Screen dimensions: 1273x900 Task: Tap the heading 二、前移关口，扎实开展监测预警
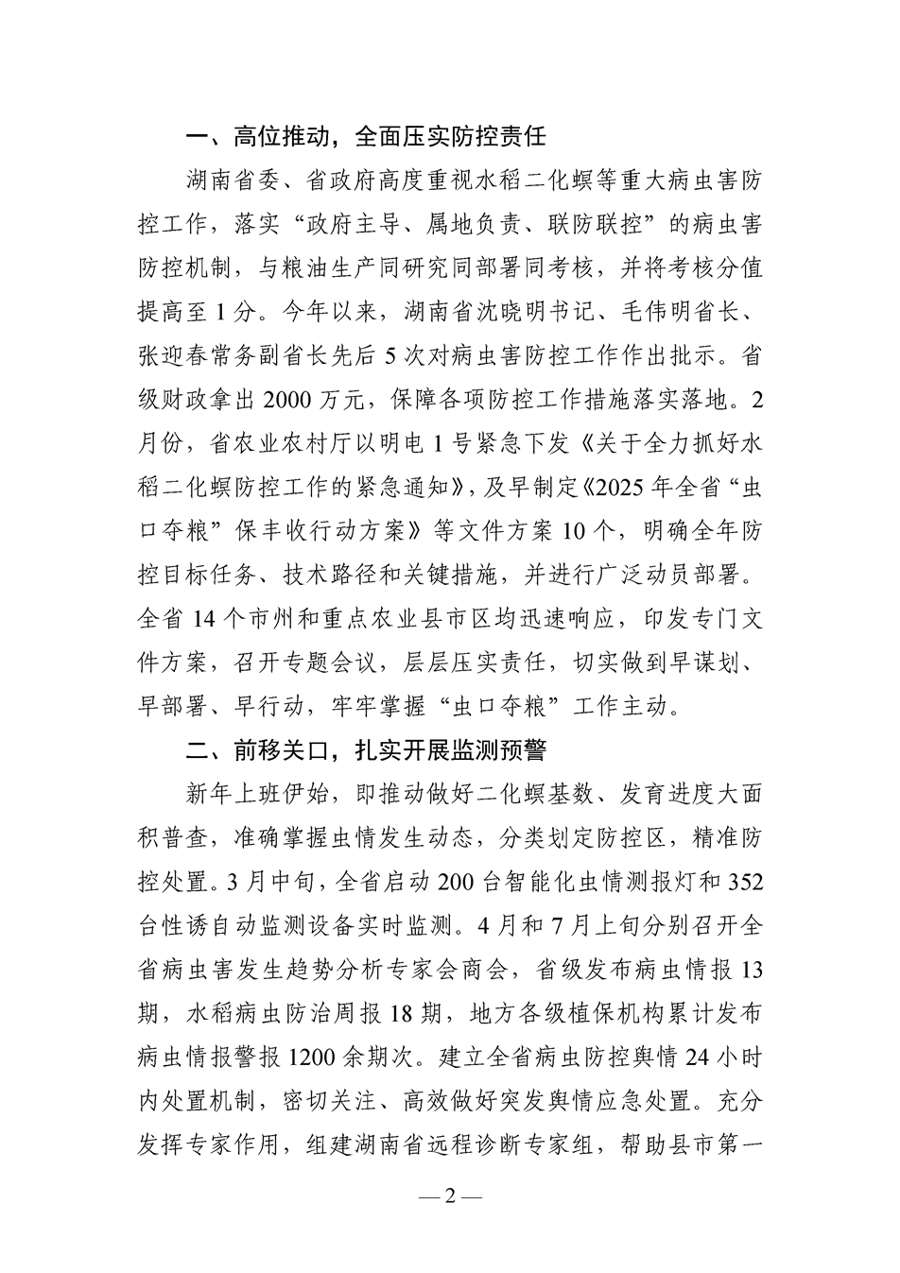coord(366,751)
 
